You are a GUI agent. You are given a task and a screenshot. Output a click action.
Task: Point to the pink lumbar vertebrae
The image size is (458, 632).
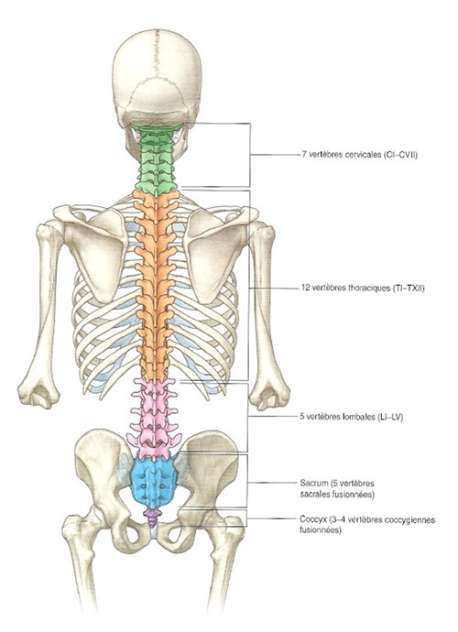point(155,420)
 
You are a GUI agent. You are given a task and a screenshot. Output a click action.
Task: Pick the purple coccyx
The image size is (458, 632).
point(153,518)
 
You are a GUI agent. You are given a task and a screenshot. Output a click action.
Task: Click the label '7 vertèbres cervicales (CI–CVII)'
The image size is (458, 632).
point(359,155)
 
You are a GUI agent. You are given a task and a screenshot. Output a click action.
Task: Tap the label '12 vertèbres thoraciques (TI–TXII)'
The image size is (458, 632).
point(363,289)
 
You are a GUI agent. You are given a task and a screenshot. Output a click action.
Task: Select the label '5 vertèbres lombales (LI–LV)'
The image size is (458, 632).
point(352,417)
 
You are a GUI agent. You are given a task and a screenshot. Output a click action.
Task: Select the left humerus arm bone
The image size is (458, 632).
point(44,314)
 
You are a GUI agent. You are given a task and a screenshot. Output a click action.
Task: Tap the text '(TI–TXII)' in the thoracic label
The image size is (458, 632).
point(408,289)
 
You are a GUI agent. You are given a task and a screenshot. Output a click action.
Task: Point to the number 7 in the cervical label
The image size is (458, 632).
point(303,155)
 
